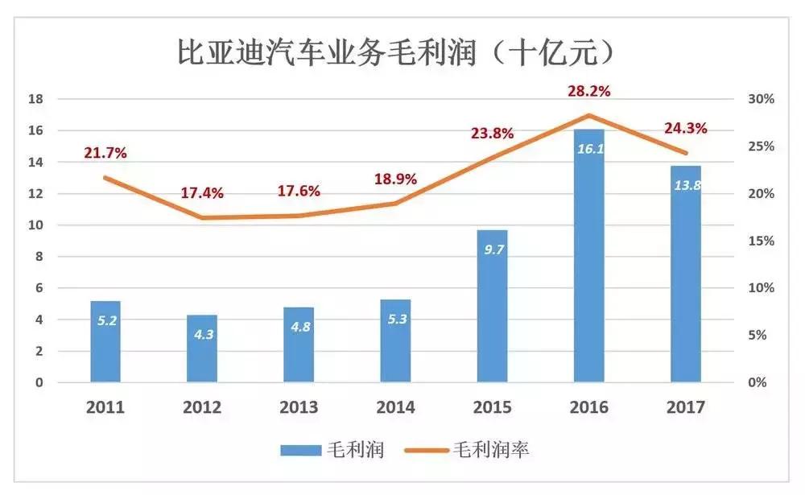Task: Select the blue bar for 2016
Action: (x=588, y=258)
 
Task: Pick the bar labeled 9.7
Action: (x=492, y=306)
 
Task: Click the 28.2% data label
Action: (x=588, y=92)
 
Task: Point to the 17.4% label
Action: (x=202, y=193)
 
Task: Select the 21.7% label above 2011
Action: (x=105, y=152)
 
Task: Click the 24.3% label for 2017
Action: (x=685, y=128)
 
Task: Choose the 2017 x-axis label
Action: (x=685, y=407)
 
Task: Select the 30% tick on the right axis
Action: (x=761, y=100)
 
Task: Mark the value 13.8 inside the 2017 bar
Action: (x=685, y=186)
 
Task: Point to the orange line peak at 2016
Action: (x=588, y=115)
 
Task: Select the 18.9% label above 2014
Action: (x=395, y=179)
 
